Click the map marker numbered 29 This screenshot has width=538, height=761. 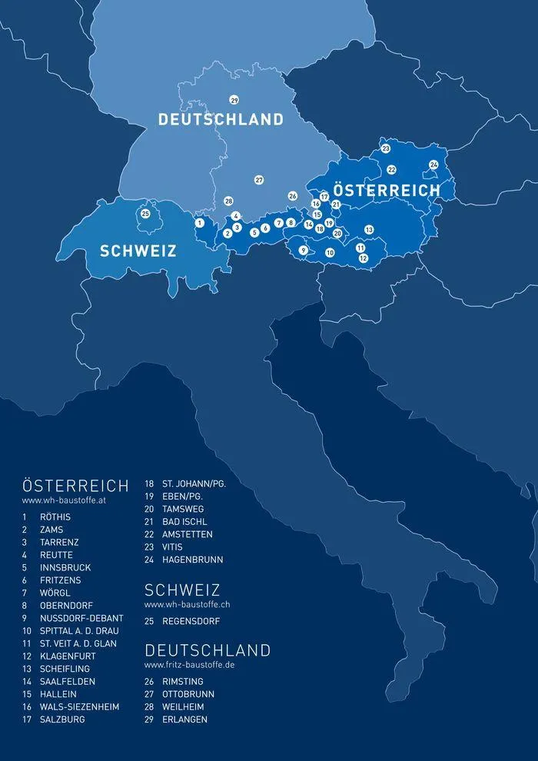(x=234, y=100)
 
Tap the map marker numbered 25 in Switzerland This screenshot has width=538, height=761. (x=145, y=214)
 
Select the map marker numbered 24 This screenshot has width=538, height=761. (x=433, y=164)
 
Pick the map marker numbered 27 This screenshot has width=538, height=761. (x=259, y=180)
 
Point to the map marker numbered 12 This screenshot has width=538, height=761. (x=364, y=258)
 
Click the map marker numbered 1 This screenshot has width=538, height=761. (x=199, y=223)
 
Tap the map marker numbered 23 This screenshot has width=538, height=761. (x=386, y=148)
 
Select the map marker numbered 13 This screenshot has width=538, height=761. (x=369, y=230)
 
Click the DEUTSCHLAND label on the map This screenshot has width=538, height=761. (x=221, y=119)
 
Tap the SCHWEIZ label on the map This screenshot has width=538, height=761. (x=138, y=251)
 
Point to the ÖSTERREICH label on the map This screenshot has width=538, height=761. (x=387, y=189)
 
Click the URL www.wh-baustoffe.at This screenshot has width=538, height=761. (x=57, y=501)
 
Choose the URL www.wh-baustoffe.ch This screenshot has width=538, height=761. (x=188, y=604)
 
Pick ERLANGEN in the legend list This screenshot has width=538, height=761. (x=184, y=719)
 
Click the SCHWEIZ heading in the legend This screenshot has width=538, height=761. (x=182, y=590)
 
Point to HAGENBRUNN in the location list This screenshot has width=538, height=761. (x=192, y=560)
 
